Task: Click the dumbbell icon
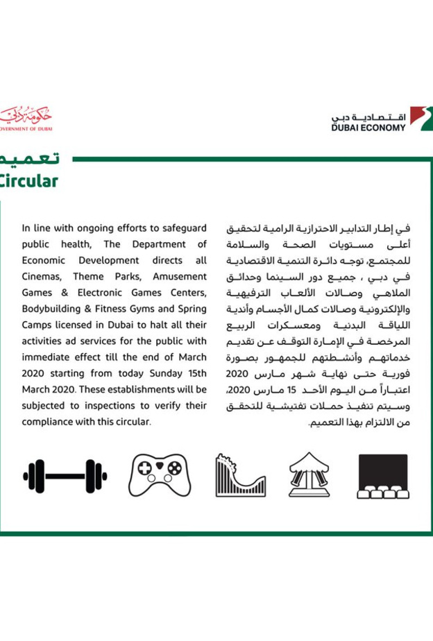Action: click(65, 476)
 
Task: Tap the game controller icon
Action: click(159, 476)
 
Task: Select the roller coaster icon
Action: click(240, 476)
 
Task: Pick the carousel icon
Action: click(310, 475)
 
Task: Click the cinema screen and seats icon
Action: click(382, 476)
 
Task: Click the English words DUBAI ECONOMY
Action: click(368, 128)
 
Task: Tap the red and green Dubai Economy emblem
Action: click(421, 118)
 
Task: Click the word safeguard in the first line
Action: click(182, 228)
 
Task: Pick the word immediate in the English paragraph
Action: click(47, 356)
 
